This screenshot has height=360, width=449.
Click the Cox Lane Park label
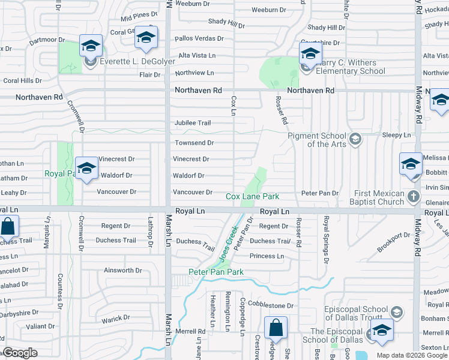tap(252, 196)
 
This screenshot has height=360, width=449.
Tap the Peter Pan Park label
tap(216, 272)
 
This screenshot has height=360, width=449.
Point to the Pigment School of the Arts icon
tap(355, 140)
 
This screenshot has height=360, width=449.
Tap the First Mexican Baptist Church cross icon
tap(412, 196)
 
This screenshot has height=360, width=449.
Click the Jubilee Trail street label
tap(193, 123)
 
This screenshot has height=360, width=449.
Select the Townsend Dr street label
tap(194, 143)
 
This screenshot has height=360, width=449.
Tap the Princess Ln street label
tap(267, 256)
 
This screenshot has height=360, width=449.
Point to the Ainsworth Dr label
tap(122, 271)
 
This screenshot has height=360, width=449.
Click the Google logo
tap(20, 353)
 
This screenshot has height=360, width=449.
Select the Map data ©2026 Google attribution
tap(411, 355)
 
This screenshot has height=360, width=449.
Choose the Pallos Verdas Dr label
tap(199, 38)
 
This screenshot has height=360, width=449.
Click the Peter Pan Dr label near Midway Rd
tap(320, 193)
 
